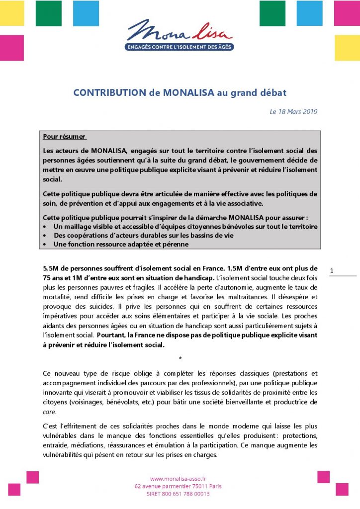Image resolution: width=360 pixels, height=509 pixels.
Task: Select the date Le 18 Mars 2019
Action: [x=293, y=111]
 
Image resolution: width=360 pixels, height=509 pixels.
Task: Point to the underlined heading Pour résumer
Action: [x=64, y=136]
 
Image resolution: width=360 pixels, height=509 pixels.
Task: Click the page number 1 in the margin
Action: [x=332, y=271]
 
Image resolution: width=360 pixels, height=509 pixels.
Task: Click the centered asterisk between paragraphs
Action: [x=180, y=358]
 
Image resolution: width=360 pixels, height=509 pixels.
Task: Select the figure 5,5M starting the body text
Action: [x=50, y=268]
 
